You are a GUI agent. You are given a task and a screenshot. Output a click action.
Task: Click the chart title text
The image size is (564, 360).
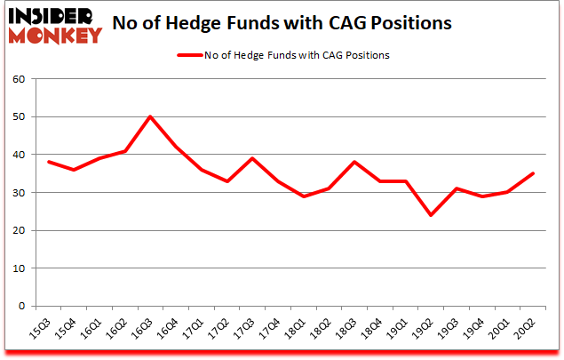295,22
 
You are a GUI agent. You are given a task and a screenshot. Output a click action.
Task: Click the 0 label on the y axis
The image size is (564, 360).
20,307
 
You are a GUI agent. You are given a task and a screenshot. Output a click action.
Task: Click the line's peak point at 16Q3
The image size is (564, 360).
150,116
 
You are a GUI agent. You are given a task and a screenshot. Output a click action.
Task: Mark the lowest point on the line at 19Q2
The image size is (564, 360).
431,215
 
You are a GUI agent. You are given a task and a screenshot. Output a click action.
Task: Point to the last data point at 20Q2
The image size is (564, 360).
533,173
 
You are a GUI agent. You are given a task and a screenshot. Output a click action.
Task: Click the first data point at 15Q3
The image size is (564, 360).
48,162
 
